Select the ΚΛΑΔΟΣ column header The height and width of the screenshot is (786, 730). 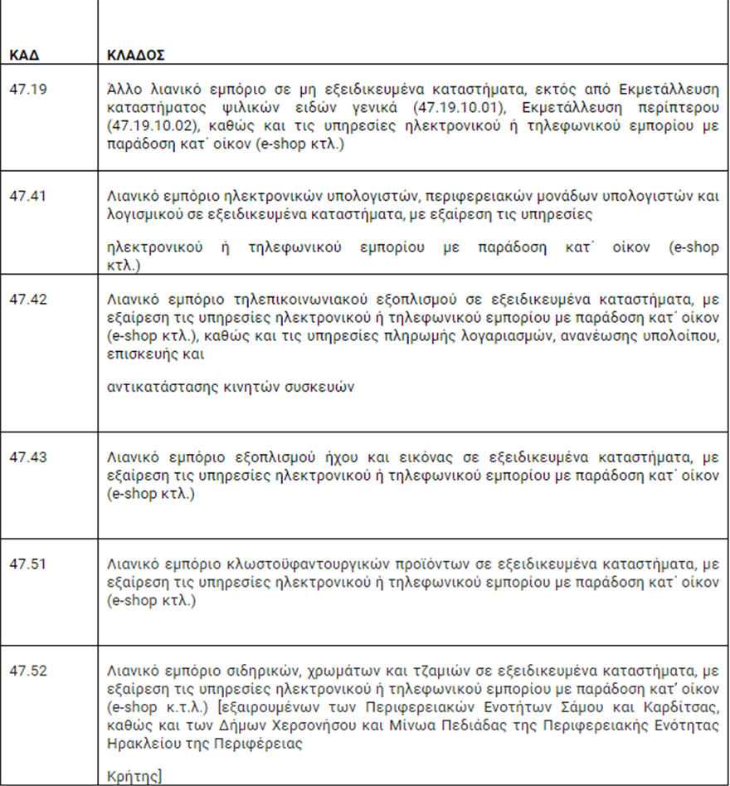coord(136,57)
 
